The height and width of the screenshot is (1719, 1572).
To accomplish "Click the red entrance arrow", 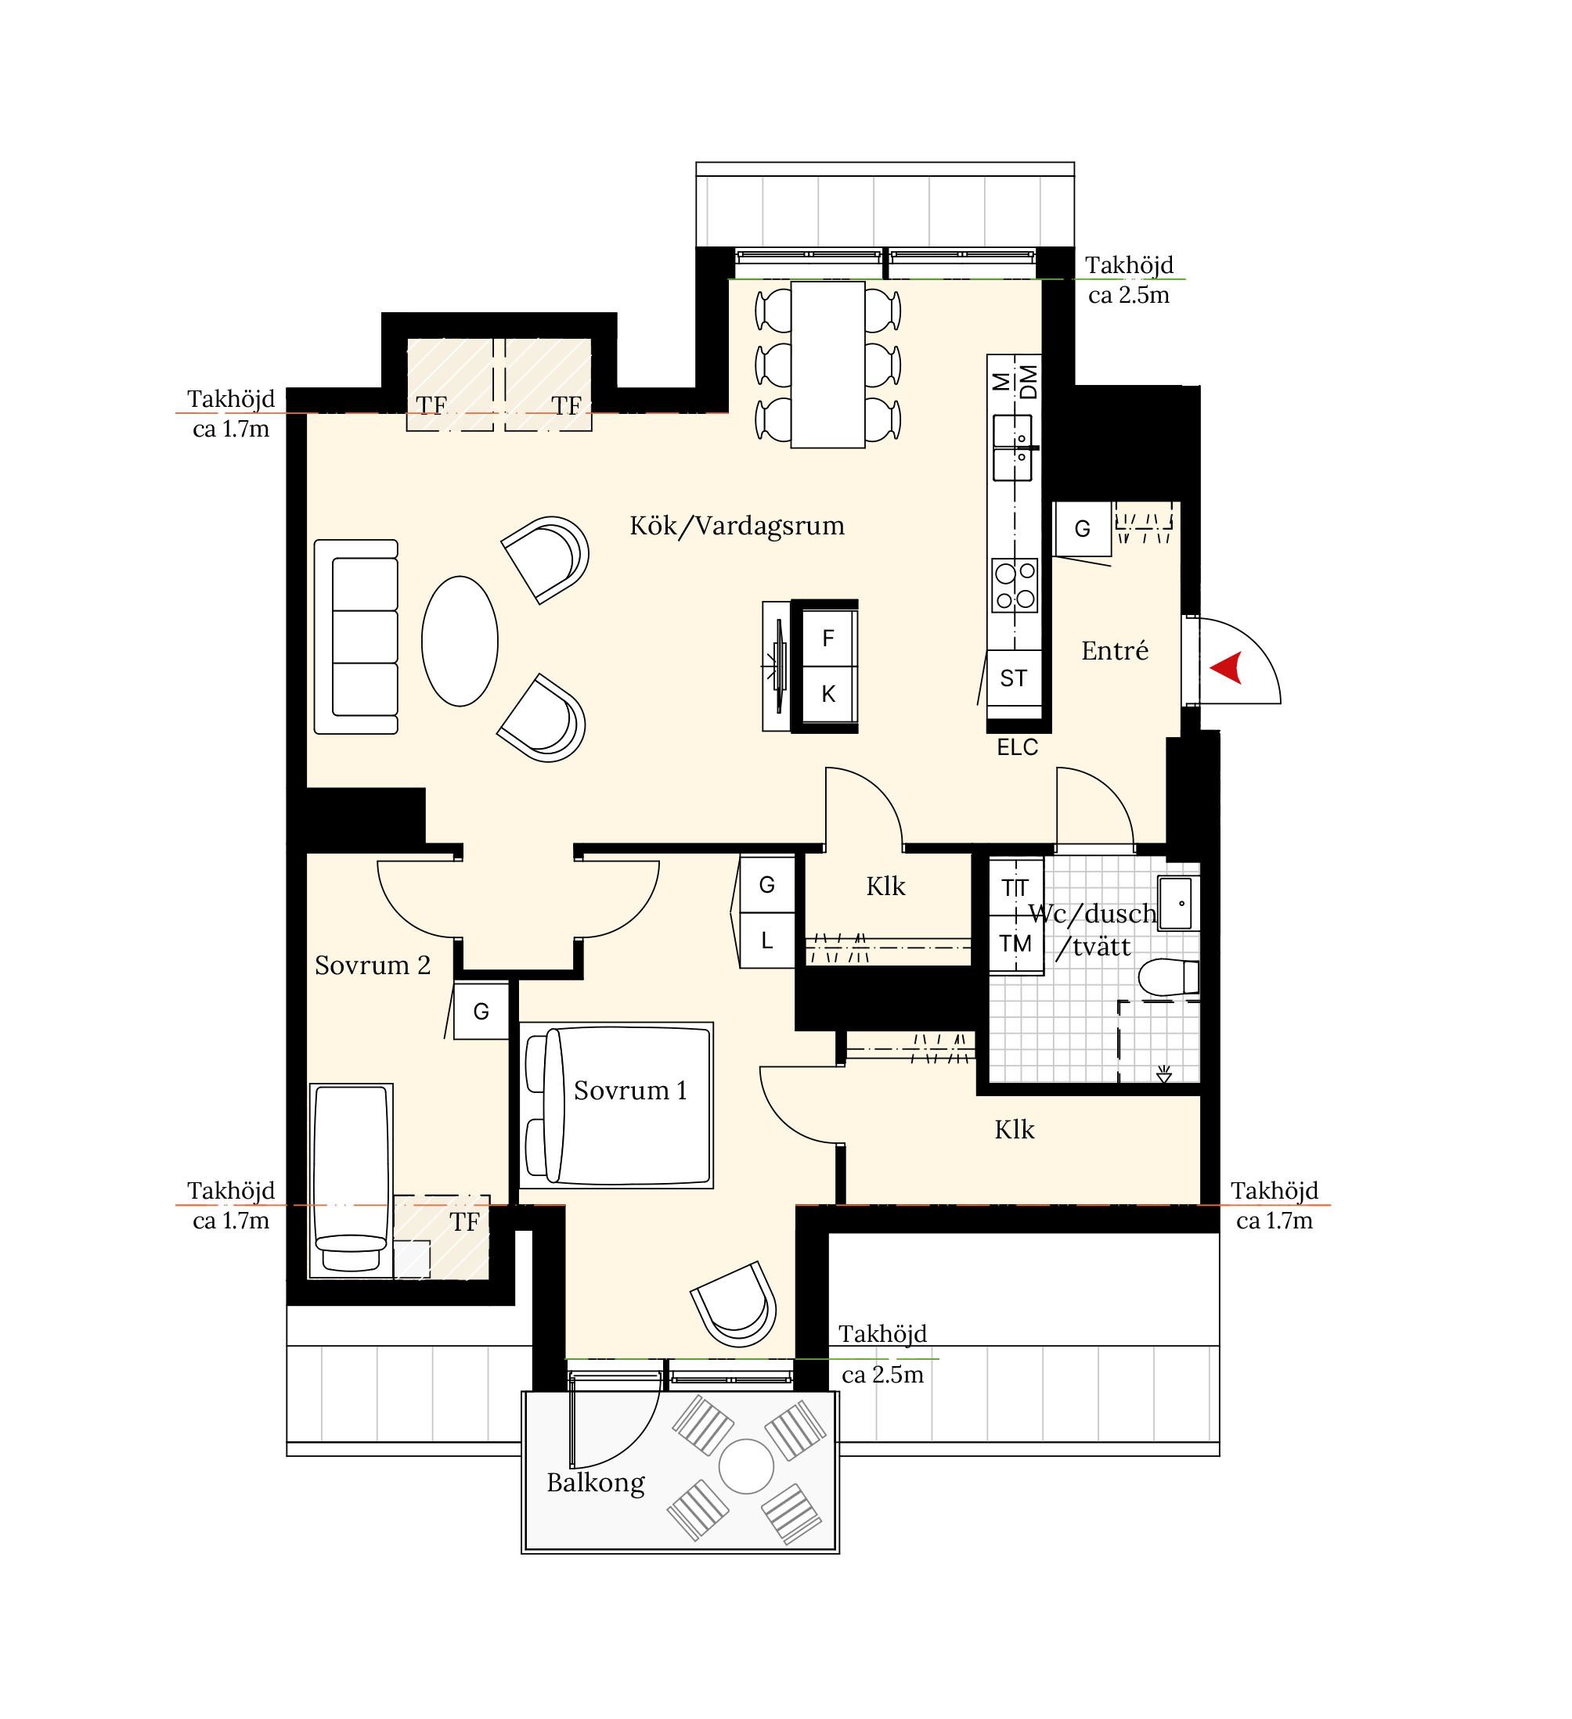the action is pyautogui.click(x=1228, y=667).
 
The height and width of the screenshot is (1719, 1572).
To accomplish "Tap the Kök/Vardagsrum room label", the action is pyautogui.click(x=737, y=526).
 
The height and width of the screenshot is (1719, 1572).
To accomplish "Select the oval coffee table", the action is pyautogui.click(x=460, y=642).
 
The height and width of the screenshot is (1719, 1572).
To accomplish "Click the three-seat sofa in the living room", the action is pyautogui.click(x=355, y=637).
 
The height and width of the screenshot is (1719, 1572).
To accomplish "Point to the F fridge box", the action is pyautogui.click(x=828, y=638).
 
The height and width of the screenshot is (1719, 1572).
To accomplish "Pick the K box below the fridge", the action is pyautogui.click(x=828, y=694).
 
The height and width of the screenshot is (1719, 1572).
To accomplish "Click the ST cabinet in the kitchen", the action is pyautogui.click(x=1014, y=678).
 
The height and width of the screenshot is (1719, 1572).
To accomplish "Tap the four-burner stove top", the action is pyautogui.click(x=1015, y=586).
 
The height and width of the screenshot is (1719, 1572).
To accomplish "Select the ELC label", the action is pyautogui.click(x=1018, y=748).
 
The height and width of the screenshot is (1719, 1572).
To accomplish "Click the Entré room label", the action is pyautogui.click(x=1115, y=652).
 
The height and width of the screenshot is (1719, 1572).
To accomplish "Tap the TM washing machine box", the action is pyautogui.click(x=1016, y=944).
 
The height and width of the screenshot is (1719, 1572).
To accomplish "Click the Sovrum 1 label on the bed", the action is pyautogui.click(x=630, y=1091).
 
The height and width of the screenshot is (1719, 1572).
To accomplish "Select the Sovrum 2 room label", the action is pyautogui.click(x=373, y=966).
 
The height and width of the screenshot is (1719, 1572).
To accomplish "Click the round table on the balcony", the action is pyautogui.click(x=746, y=1466).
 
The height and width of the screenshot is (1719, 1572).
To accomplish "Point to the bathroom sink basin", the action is pyautogui.click(x=1179, y=902).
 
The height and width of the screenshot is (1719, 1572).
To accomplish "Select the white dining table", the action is pyautogui.click(x=828, y=365).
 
